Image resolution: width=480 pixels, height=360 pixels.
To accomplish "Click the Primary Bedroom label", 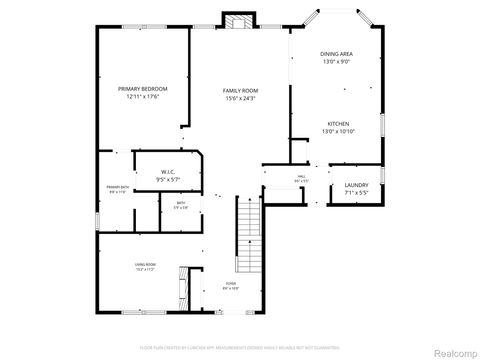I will [141, 90].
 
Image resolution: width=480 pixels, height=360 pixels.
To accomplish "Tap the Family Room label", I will [240, 90].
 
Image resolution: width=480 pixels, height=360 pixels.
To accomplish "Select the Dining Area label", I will [336, 54].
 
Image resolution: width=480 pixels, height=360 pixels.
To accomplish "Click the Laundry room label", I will [356, 185].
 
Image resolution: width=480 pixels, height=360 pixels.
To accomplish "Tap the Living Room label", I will [145, 264].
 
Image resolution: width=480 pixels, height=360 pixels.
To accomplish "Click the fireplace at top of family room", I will [237, 21].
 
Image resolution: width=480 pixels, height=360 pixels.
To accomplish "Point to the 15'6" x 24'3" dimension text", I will [240, 98].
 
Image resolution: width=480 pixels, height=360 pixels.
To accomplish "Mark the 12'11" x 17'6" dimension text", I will [141, 98].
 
